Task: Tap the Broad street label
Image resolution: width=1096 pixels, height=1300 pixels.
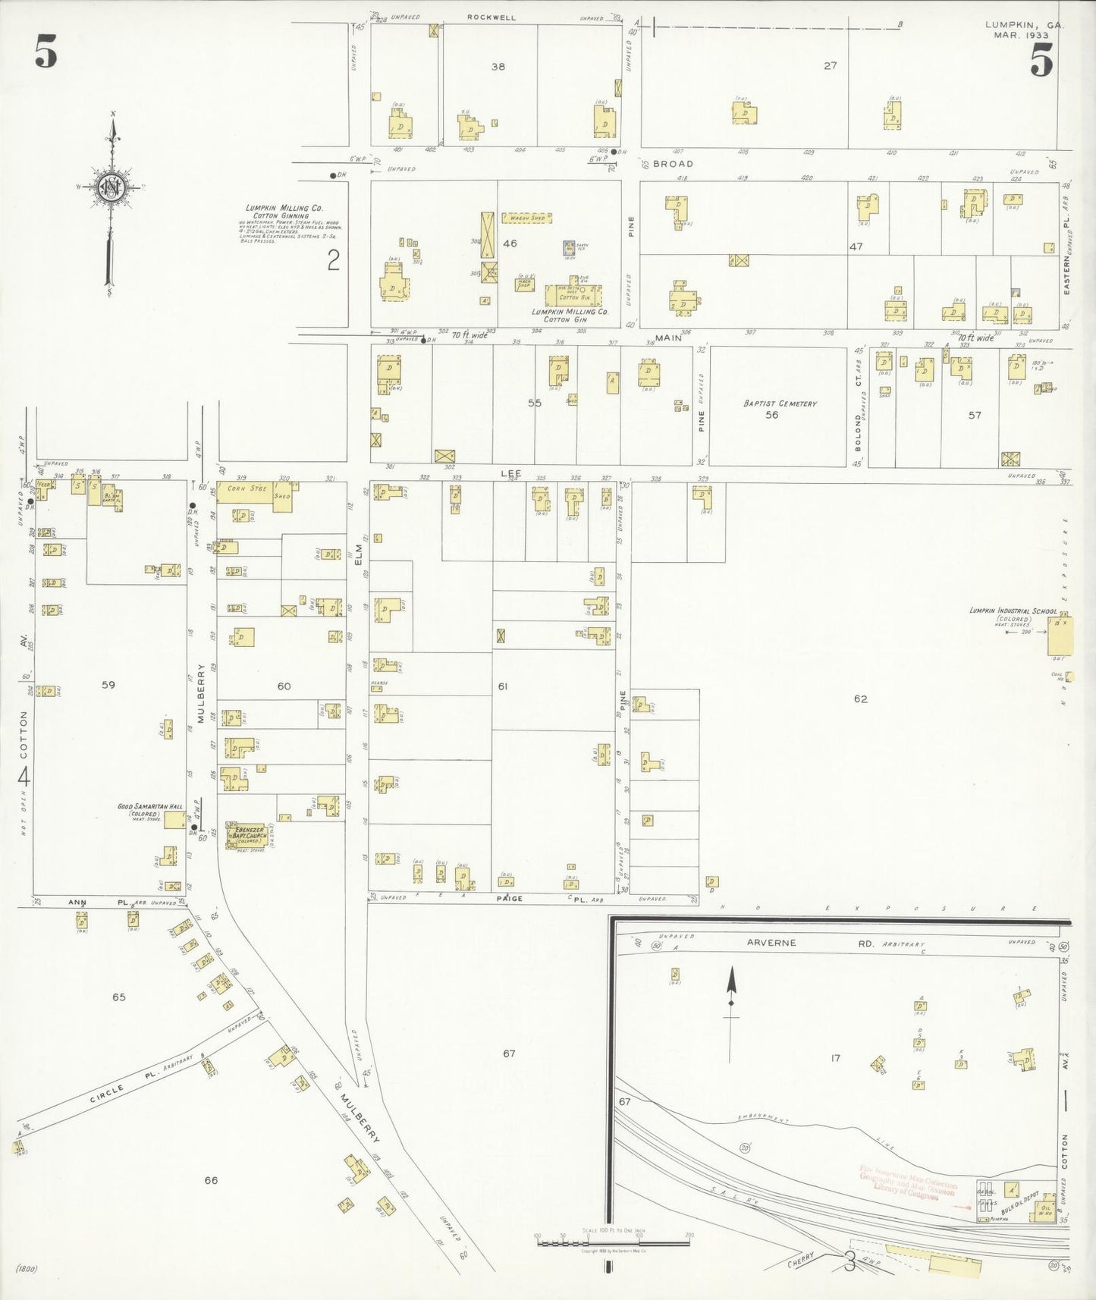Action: (x=673, y=164)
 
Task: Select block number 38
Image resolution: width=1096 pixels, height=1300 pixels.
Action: (x=498, y=67)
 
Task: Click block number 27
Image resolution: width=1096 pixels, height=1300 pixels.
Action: (x=830, y=66)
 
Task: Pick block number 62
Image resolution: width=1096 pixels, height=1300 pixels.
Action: (x=859, y=699)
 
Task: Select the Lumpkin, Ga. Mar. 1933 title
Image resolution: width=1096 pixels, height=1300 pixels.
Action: (x=1024, y=30)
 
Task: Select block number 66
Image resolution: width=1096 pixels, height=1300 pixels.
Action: (x=211, y=1180)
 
